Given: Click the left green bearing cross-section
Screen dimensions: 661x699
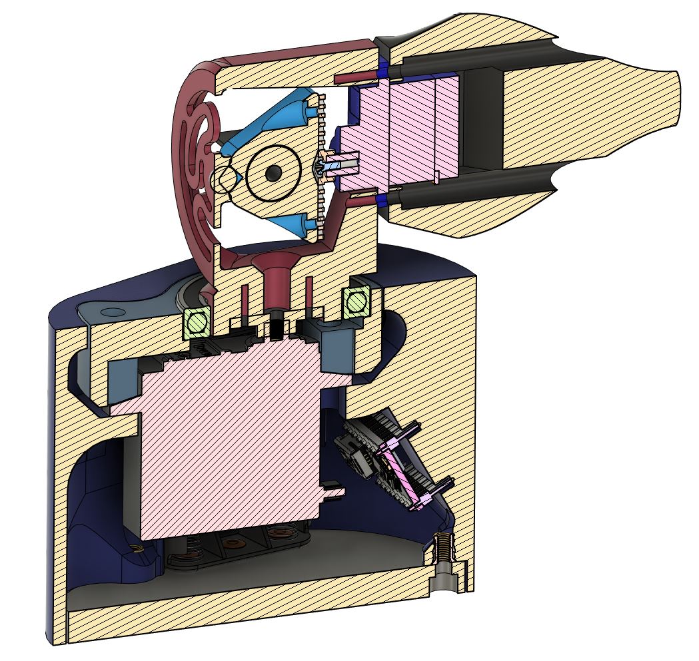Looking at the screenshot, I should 197,322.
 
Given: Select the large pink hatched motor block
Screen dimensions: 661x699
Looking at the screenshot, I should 227,433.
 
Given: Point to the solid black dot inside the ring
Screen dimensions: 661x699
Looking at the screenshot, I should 272,173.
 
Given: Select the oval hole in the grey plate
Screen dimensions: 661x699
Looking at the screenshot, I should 111,312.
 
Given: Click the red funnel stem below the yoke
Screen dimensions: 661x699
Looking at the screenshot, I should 275,286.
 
